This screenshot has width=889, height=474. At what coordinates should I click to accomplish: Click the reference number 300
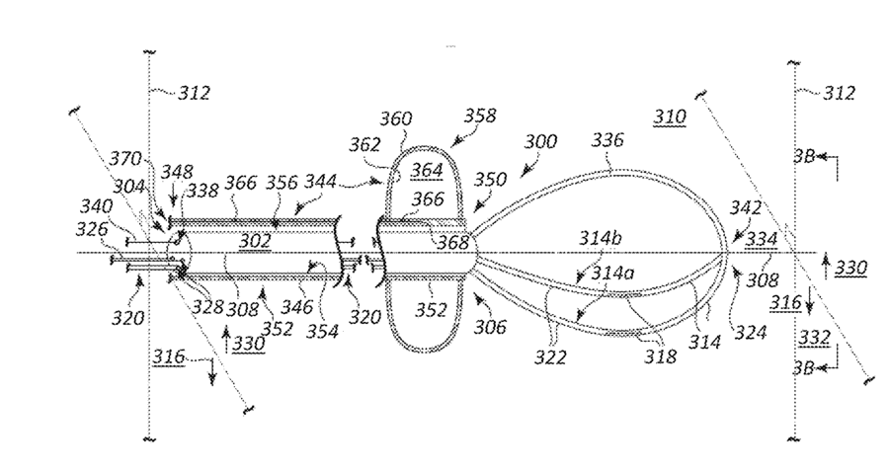tap(540, 142)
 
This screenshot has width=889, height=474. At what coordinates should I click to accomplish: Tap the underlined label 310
tap(669, 117)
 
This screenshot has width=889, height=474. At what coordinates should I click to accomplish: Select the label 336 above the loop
tap(606, 140)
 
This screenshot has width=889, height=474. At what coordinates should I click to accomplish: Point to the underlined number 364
tap(427, 171)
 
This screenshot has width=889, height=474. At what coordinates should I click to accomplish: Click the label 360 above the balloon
tap(396, 118)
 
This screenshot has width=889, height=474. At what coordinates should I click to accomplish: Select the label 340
tap(96, 206)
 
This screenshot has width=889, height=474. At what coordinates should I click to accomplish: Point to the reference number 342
tap(746, 207)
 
